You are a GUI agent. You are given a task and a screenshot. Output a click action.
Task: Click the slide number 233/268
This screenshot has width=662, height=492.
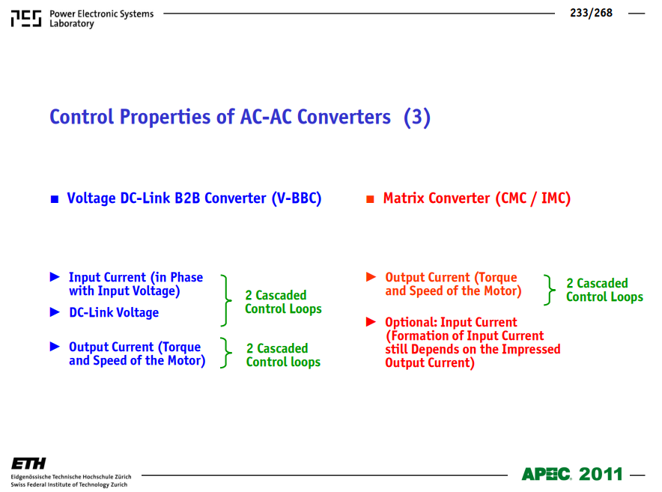click(x=591, y=13)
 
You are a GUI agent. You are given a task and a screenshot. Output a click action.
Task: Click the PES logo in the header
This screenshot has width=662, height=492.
click(x=26, y=19)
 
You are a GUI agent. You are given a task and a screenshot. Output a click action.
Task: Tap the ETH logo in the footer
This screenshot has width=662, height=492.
click(x=28, y=464)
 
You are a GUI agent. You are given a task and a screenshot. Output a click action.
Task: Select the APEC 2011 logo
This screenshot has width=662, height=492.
click(x=572, y=474)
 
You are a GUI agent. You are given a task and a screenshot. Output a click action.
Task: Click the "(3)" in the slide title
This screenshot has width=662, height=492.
click(x=416, y=117)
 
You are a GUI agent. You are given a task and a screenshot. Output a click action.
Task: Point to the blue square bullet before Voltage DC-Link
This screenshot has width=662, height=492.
click(x=55, y=199)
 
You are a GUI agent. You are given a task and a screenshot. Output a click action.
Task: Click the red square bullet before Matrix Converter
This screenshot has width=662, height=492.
click(x=370, y=199)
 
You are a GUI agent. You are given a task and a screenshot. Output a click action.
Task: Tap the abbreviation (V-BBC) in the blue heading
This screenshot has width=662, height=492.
click(x=297, y=198)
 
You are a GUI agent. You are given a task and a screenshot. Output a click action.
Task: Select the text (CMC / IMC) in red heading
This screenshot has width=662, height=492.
click(x=532, y=198)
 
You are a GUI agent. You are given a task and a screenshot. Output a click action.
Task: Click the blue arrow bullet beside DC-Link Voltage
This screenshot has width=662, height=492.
click(x=55, y=312)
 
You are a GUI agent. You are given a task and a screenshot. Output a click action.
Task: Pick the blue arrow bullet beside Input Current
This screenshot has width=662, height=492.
click(x=55, y=276)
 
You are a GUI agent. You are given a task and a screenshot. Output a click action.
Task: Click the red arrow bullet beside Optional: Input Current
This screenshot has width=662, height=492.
click(x=371, y=322)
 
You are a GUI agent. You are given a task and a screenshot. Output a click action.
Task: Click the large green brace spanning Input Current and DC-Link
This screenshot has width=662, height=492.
click(x=226, y=300)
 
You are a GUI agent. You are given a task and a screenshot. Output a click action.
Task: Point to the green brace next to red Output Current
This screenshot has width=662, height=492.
click(x=549, y=290)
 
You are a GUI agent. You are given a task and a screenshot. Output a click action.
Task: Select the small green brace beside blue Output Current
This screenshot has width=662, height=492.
click(x=226, y=353)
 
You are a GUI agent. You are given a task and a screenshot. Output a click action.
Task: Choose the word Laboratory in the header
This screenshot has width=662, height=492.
click(x=72, y=24)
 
